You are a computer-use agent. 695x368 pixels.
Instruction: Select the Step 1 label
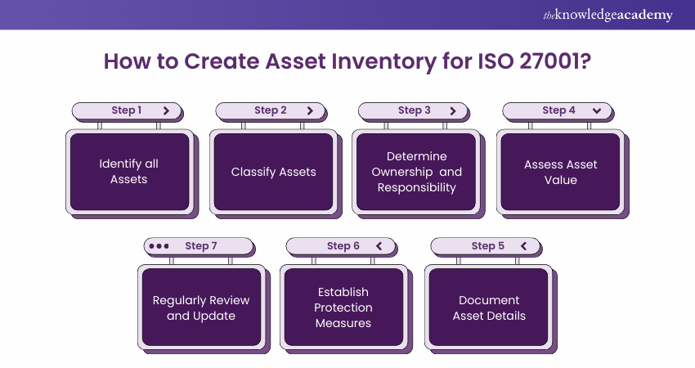pyautogui.click(x=127, y=110)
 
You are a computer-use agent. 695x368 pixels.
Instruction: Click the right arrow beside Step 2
pyautogui.click(x=310, y=110)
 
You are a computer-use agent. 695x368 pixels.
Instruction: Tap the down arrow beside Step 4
pyautogui.click(x=597, y=110)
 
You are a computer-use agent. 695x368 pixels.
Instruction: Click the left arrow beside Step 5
pyautogui.click(x=522, y=245)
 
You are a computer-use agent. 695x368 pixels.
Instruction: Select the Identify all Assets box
pyautogui.click(x=129, y=172)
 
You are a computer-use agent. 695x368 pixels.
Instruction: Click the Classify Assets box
pyautogui.click(x=273, y=172)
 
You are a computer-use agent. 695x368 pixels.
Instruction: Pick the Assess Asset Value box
pyautogui.click(x=561, y=172)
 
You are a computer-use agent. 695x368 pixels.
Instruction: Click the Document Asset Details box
pyautogui.click(x=489, y=307)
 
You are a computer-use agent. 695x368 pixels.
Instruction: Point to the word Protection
pyautogui.click(x=343, y=307)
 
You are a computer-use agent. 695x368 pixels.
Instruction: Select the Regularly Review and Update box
pyautogui.click(x=201, y=307)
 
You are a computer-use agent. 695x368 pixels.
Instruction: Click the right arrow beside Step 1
pyautogui.click(x=166, y=110)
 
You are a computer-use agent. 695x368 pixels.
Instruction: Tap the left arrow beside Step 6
pyautogui.click(x=379, y=245)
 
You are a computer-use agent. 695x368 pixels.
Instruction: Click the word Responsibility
pyautogui.click(x=417, y=188)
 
